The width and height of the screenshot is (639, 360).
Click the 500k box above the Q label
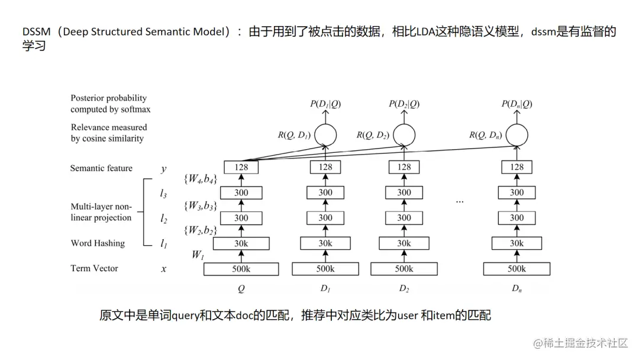(241, 269)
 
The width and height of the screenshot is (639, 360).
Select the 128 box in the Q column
(241, 167)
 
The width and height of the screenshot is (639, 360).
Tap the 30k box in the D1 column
(325, 243)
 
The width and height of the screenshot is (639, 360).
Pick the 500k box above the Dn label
(517, 269)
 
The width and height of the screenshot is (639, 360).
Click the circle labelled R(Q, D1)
(325, 135)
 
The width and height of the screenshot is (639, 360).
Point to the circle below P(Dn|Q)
(517, 135)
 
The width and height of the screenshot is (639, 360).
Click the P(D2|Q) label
(404, 104)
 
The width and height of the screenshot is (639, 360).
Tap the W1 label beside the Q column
(198, 255)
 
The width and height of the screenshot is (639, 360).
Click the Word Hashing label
(98, 243)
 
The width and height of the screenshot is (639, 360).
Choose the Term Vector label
(94, 268)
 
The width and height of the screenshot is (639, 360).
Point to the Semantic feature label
(101, 168)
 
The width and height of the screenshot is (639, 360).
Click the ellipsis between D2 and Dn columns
(460, 201)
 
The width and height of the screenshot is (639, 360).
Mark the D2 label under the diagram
(404, 289)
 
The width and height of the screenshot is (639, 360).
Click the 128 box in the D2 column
(404, 167)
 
